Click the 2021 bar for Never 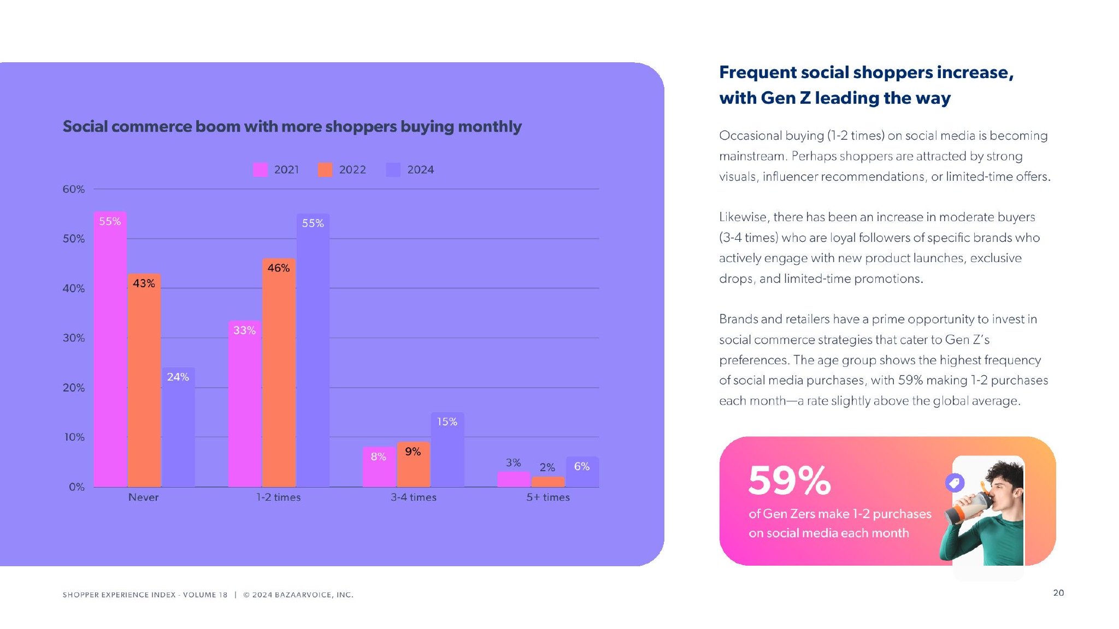tap(110, 349)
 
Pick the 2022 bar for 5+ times tap(547, 482)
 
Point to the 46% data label tap(279, 268)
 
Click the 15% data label tap(447, 422)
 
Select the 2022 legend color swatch tap(325, 170)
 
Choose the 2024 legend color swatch tap(393, 170)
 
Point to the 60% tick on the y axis tap(74, 189)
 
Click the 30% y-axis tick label tap(74, 338)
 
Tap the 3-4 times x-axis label tap(414, 497)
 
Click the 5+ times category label tap(548, 497)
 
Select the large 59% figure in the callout tap(790, 480)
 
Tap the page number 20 tap(1058, 593)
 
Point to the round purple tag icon tap(955, 483)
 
